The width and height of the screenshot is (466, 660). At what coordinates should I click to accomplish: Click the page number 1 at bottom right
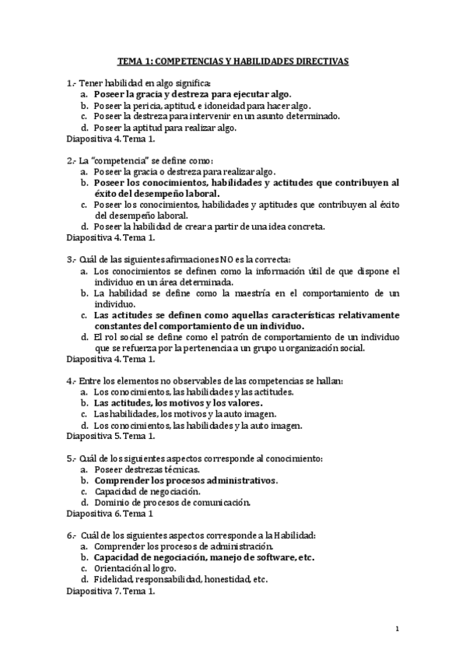pyautogui.click(x=397, y=629)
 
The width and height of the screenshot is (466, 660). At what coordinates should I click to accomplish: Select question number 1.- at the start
pyautogui.click(x=72, y=82)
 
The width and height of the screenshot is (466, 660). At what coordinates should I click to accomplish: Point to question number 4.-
pyautogui.click(x=72, y=381)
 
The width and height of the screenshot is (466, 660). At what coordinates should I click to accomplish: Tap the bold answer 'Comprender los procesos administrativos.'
pyautogui.click(x=185, y=480)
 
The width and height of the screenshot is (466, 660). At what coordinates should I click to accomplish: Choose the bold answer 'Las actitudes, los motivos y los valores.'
pyautogui.click(x=178, y=403)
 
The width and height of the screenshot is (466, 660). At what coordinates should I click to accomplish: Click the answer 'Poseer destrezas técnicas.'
pyautogui.click(x=145, y=469)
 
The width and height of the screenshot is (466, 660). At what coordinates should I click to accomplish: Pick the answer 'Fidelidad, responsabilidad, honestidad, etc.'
pyautogui.click(x=180, y=579)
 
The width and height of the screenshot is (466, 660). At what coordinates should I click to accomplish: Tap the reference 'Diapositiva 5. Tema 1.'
pyautogui.click(x=111, y=436)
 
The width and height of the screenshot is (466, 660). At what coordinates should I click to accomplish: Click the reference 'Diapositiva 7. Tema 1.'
pyautogui.click(x=111, y=590)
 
